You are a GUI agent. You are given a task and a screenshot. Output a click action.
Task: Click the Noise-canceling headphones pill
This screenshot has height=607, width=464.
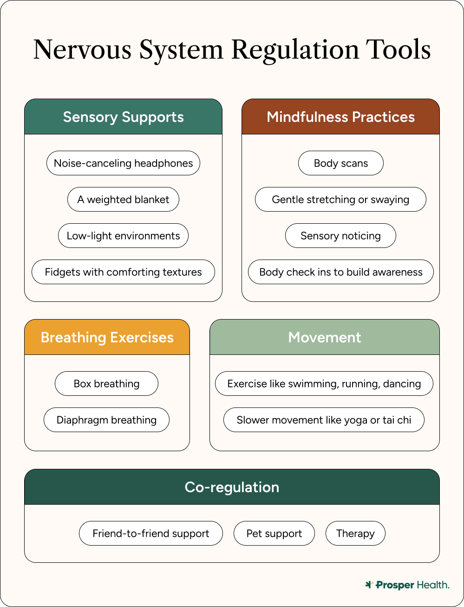coord(123,163)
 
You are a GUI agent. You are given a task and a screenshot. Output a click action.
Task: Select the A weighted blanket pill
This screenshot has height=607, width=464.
coord(123,200)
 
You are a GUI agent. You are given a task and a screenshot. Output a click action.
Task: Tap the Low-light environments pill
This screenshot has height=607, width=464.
coord(123,236)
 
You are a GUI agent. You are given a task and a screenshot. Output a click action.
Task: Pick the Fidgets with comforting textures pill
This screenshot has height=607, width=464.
coord(123,272)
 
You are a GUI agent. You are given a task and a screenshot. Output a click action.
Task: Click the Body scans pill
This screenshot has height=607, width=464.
coord(340,163)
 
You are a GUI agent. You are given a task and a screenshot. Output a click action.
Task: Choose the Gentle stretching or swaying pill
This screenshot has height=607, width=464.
coord(340,200)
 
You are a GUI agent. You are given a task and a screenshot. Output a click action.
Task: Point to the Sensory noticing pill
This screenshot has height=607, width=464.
coord(340,236)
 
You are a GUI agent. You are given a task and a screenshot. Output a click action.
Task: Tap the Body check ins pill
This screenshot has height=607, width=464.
coord(340,272)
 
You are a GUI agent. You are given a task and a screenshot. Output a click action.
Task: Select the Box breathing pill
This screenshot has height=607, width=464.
coord(106,384)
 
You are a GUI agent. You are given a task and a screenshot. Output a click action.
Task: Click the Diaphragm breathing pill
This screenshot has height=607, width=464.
coord(106,420)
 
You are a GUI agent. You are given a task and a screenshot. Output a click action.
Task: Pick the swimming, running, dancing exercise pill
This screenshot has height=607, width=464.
coord(324,384)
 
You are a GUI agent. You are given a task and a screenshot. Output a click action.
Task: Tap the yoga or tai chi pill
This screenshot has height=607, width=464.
coord(324,420)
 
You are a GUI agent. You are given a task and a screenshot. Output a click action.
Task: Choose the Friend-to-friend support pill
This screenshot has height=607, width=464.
coord(151,534)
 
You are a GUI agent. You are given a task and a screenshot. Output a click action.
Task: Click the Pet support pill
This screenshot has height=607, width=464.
coord(274,534)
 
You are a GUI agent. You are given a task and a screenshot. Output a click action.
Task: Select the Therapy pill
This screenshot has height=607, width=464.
coord(355,534)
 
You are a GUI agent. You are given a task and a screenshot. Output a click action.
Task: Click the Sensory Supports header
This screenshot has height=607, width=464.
coord(123,117)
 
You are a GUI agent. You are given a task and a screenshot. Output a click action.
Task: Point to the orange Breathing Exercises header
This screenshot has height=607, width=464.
coord(107,337)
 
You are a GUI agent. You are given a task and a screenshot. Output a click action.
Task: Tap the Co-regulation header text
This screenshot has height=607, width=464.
coord(232,487)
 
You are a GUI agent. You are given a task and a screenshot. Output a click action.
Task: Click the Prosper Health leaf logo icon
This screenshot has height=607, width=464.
coord(369,585)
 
